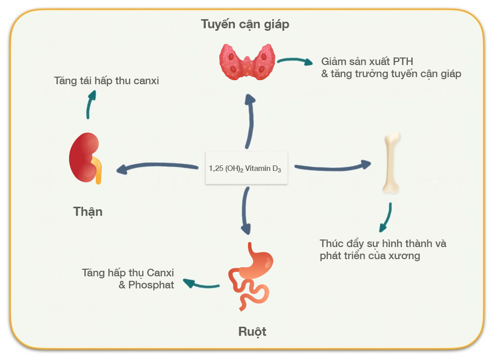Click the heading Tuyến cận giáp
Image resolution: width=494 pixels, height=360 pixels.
click(x=245, y=24)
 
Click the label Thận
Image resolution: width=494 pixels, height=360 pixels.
click(x=88, y=211)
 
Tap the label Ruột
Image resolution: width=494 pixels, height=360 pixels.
click(x=252, y=332)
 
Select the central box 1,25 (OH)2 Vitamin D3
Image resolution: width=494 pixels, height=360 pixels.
click(x=246, y=168)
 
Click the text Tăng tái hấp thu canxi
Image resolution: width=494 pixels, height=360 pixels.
click(x=106, y=81)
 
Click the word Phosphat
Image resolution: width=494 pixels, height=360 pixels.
click(x=151, y=285)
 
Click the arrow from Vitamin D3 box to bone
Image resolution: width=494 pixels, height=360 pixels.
click(x=332, y=166)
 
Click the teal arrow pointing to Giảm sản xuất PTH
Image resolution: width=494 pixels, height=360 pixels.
click(x=294, y=61)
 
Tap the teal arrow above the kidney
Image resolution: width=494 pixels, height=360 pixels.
click(x=90, y=105)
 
